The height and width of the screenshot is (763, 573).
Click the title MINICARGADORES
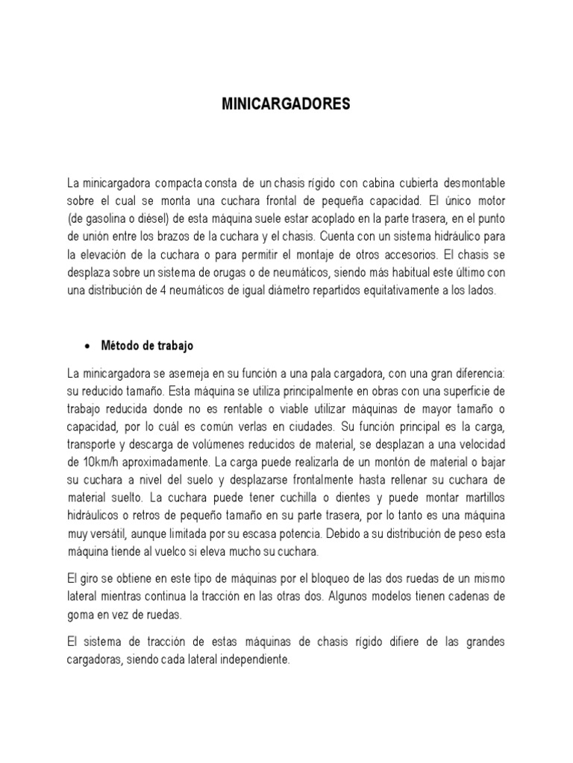point(286,105)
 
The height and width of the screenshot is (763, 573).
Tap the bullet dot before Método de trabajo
point(89,346)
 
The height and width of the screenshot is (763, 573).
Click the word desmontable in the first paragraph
point(473,183)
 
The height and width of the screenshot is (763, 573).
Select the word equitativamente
point(394,291)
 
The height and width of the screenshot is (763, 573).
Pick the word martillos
point(480,498)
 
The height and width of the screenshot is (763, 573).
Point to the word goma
point(81,615)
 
